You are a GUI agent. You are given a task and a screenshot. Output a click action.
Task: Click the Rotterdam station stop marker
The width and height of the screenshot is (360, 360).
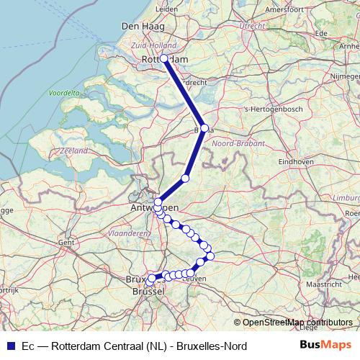tap(164, 58)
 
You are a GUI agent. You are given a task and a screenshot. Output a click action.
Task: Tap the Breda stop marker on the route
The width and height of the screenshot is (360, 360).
tap(204, 128)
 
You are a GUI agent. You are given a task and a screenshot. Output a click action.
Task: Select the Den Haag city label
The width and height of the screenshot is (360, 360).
tap(140, 27)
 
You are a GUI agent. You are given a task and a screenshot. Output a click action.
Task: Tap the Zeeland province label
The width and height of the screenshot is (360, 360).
tap(74, 150)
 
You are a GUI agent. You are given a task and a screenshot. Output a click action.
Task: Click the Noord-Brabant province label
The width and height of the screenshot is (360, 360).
tap(235, 143)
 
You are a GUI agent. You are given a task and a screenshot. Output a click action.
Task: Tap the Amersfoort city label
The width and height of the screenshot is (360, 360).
tap(284, 10)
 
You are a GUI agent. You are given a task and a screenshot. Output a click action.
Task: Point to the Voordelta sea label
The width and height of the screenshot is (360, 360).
tap(64, 93)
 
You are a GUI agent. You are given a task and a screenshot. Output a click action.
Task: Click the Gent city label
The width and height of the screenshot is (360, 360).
tap(66, 243)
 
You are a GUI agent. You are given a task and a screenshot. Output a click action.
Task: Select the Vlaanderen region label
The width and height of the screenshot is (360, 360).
tap(127, 233)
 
